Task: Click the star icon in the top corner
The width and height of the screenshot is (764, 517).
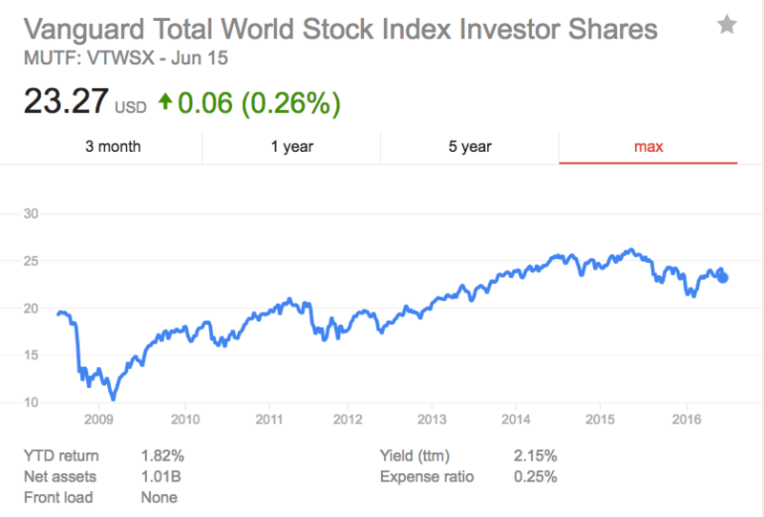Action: click(727, 26)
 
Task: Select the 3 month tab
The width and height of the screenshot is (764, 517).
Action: click(113, 146)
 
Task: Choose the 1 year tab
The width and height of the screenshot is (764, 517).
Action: click(291, 146)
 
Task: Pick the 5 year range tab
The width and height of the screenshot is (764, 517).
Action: click(469, 146)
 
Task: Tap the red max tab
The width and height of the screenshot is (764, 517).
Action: click(648, 146)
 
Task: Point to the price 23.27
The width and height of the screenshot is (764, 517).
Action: click(63, 101)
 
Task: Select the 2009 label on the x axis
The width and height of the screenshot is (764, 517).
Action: click(100, 420)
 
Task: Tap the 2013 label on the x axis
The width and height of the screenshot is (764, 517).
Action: click(433, 420)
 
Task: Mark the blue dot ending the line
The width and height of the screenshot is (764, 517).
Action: click(723, 277)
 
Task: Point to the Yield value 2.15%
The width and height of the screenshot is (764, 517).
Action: click(535, 456)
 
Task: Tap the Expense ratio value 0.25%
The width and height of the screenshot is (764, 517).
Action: click(535, 477)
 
